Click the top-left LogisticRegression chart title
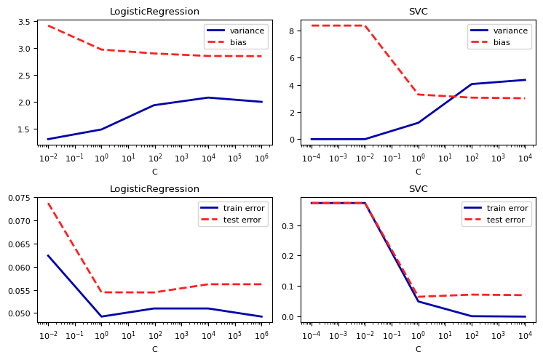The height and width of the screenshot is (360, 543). tap(154, 12)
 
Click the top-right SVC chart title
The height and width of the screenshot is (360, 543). tap(418, 12)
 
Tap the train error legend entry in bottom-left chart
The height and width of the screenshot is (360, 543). tap(237, 208)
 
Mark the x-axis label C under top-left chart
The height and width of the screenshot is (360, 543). tap(154, 172)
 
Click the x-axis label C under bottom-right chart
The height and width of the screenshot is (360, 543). tap(418, 349)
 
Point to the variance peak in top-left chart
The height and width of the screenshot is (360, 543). tap(208, 97)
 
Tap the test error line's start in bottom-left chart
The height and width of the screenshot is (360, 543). tap(48, 204)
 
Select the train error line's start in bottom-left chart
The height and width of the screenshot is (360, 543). tap(48, 255)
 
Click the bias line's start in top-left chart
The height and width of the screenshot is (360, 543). tap(48, 25)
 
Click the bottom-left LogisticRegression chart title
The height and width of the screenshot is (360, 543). tap(154, 189)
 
